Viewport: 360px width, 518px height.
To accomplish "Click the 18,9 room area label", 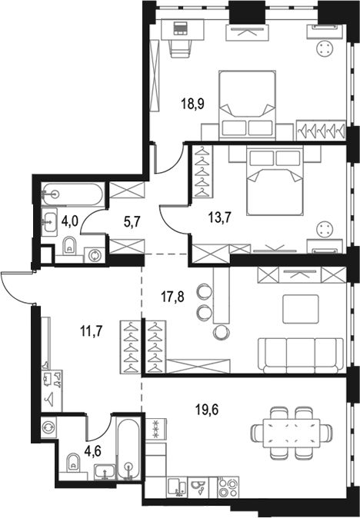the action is click(x=193, y=104).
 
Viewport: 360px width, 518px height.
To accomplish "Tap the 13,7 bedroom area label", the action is click(x=219, y=217).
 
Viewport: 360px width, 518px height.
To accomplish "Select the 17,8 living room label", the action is click(x=172, y=297).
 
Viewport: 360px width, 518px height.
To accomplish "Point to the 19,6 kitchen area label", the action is click(x=207, y=410).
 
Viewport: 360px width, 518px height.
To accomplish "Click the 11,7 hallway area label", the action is click(x=92, y=330).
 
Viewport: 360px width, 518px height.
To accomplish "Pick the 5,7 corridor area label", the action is click(x=132, y=221).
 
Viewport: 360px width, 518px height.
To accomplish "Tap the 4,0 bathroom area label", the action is click(x=70, y=221).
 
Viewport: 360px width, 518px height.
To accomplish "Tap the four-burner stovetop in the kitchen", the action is click(x=228, y=486).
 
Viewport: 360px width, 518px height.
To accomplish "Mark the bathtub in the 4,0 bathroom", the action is click(x=72, y=194).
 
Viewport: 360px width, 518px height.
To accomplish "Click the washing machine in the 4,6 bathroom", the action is click(x=48, y=427).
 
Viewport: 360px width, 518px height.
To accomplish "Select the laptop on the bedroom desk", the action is click(x=181, y=28).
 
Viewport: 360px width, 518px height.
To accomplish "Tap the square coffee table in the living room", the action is click(x=301, y=309).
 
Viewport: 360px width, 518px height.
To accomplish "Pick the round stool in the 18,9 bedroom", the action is click(x=325, y=49).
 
